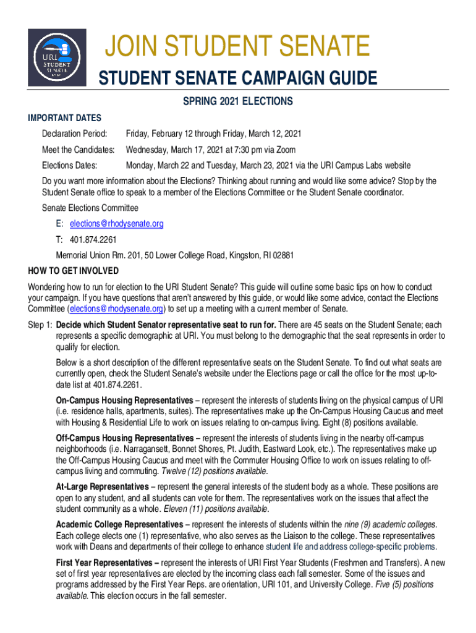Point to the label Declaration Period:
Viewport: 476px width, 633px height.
(x=75, y=134)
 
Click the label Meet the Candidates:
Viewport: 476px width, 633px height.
(x=79, y=150)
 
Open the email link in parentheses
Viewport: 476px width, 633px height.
(x=117, y=308)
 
